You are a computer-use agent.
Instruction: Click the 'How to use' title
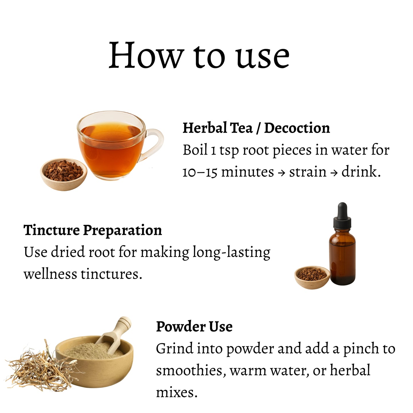click(199, 55)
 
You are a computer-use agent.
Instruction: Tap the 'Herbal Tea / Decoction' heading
click(256, 128)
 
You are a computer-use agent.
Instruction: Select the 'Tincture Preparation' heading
click(93, 230)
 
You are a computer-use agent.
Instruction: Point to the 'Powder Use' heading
click(194, 327)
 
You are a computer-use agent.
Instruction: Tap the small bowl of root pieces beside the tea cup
click(64, 174)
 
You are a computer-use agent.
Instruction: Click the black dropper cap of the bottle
click(342, 216)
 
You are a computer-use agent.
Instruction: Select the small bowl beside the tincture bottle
click(312, 277)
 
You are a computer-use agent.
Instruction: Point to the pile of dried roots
click(41, 366)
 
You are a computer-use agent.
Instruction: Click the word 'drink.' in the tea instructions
click(361, 172)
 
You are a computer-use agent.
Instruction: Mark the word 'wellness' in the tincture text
click(50, 274)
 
